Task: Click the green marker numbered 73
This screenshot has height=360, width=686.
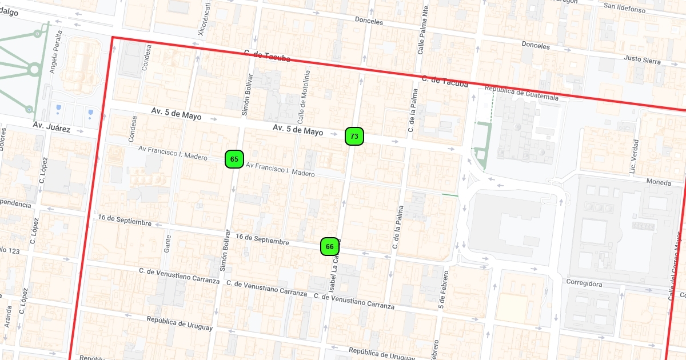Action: [354, 136]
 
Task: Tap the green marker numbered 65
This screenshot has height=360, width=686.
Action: [234, 159]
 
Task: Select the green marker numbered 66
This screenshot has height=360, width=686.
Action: [330, 246]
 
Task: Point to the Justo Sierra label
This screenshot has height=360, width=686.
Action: [642, 59]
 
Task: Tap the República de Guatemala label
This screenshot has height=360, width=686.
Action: [521, 93]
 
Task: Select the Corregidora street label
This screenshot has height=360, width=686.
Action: [584, 283]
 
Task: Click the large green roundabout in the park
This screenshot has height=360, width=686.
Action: [34, 70]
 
